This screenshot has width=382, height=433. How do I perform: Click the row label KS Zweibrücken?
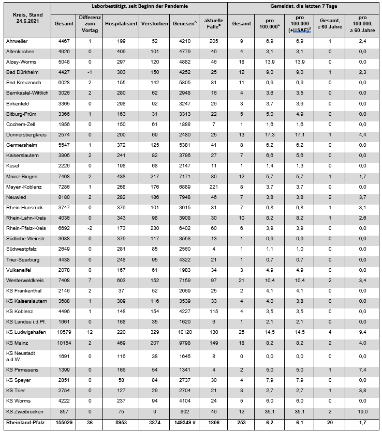24,411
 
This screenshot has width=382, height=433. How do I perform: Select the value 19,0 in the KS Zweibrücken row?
363,411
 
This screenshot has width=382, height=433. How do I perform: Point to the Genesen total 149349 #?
184,423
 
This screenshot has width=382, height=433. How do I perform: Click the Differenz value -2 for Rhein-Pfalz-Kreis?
90,228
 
